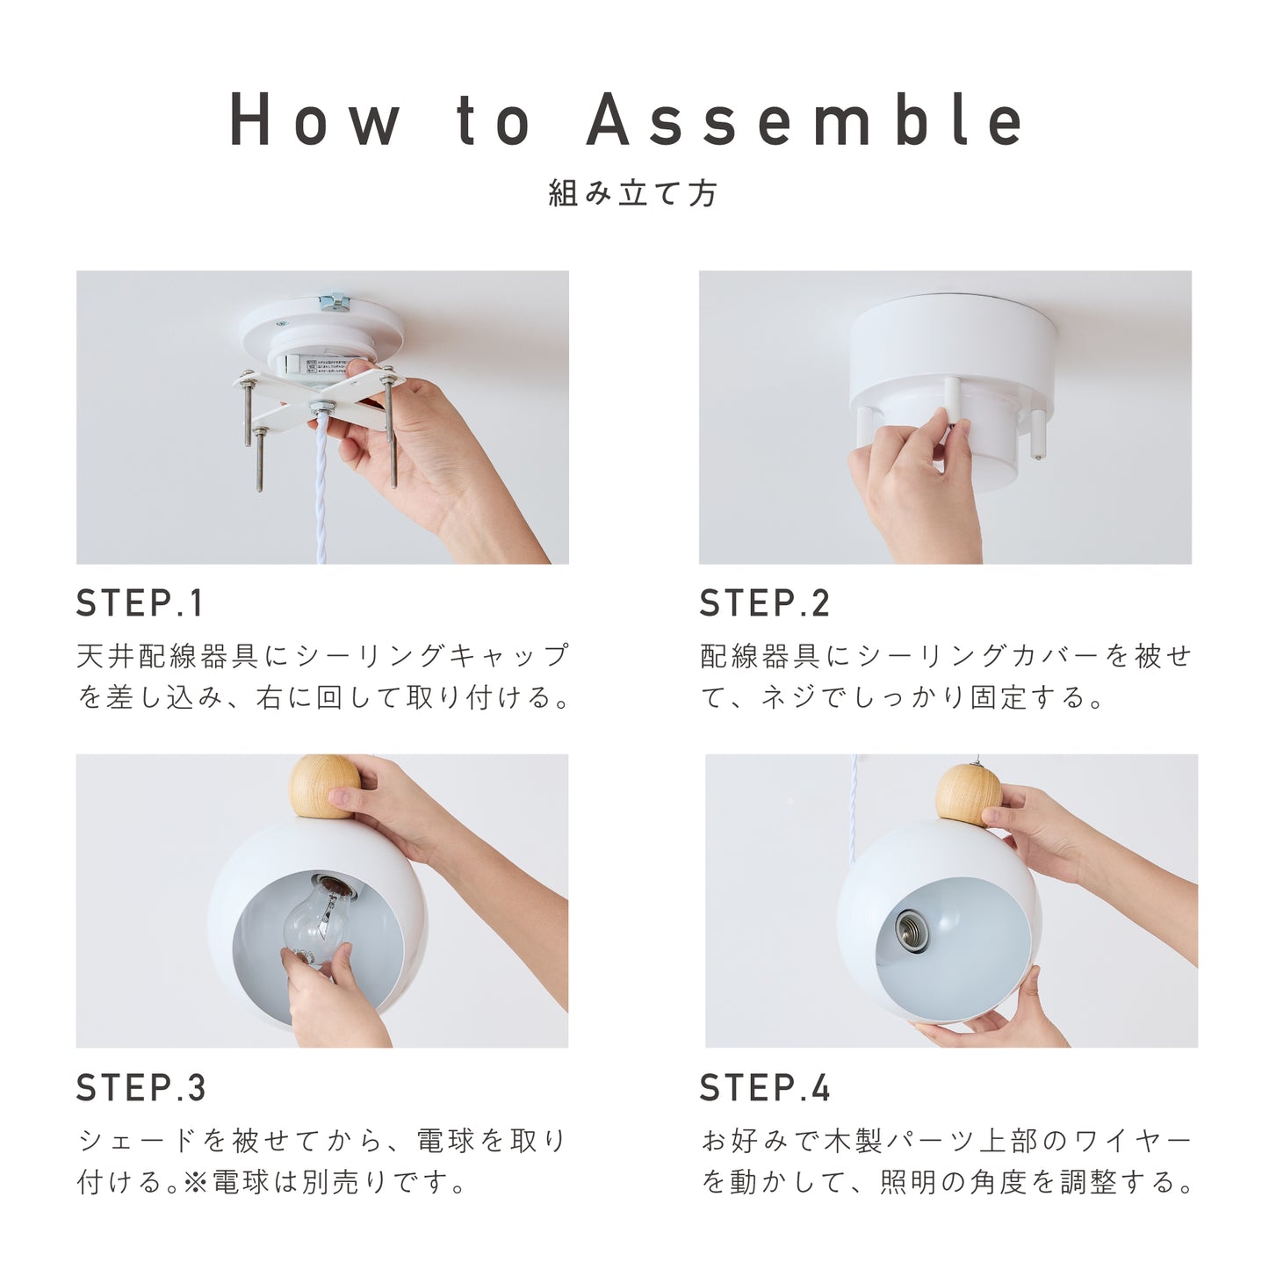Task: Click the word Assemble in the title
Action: (805, 120)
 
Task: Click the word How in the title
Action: (314, 120)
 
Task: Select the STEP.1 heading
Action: (141, 604)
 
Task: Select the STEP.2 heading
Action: (764, 604)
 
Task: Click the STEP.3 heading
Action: (141, 1088)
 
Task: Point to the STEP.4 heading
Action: (764, 1088)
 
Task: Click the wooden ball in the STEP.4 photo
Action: (967, 795)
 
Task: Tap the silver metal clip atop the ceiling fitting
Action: (335, 303)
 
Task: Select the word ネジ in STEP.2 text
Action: (789, 698)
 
